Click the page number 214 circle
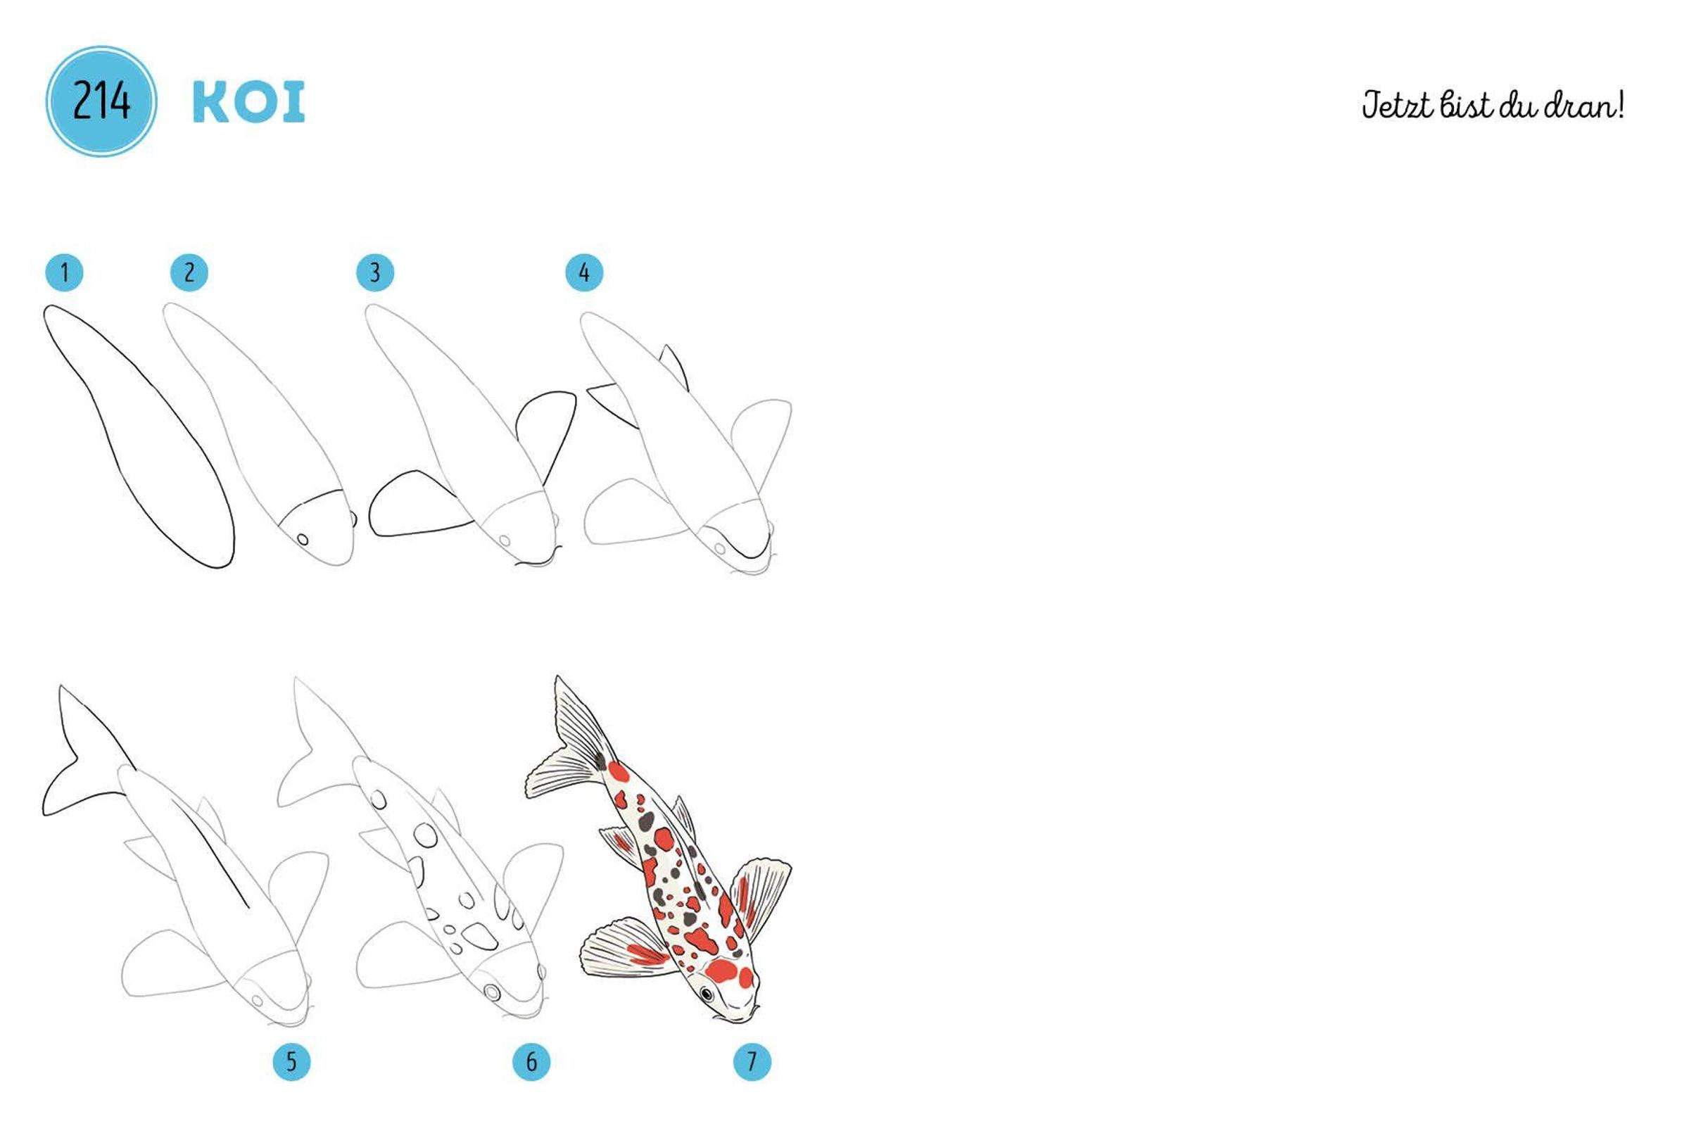point(101,101)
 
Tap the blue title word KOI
point(248,102)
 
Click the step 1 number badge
point(64,273)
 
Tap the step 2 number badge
point(189,273)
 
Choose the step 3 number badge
point(375,273)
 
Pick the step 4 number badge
point(584,273)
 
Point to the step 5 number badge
point(291,1061)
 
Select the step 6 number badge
point(531,1061)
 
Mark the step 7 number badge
point(752,1061)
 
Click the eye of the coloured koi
point(707,994)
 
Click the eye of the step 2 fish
point(303,539)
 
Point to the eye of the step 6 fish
point(492,992)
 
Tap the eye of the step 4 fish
point(719,549)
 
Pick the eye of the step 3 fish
point(505,540)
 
